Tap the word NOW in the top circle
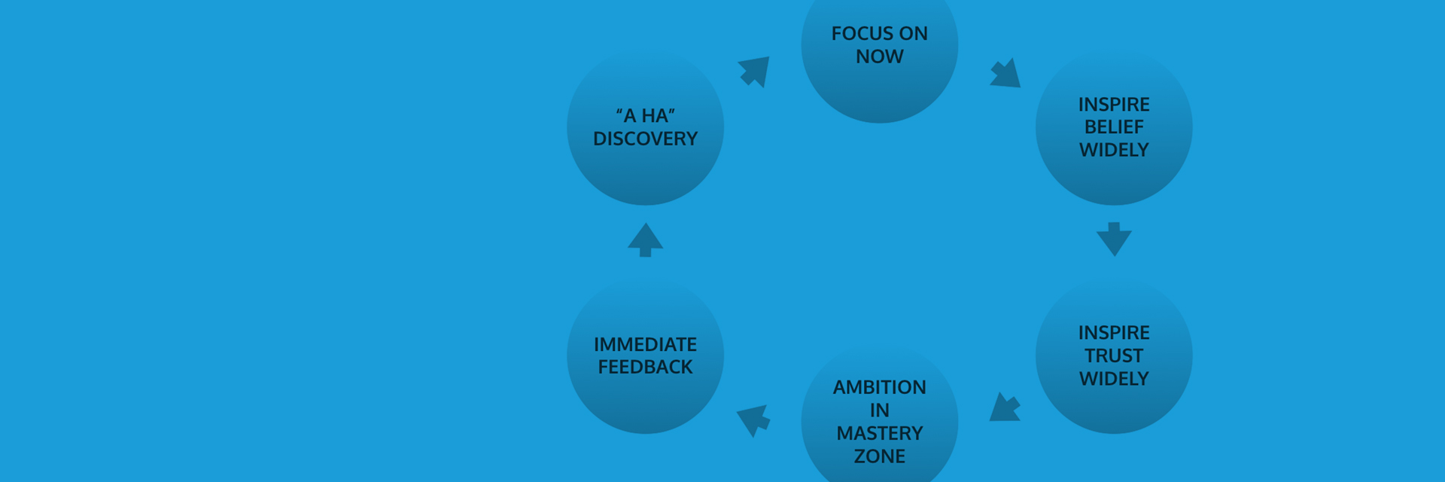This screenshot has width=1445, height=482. [x=879, y=56]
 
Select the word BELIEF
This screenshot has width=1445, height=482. [x=1114, y=127]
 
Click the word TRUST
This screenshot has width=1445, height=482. [x=1114, y=355]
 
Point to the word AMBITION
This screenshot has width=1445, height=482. [x=879, y=387]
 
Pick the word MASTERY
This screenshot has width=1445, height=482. [x=879, y=433]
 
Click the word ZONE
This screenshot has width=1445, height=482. [x=879, y=456]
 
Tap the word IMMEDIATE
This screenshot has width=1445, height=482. [x=645, y=344]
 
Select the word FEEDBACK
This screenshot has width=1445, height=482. [x=645, y=367]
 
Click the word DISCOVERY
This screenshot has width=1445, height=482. [x=645, y=139]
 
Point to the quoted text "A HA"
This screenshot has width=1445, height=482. [x=645, y=116]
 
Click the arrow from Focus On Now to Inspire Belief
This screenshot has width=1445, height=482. [x=1006, y=74]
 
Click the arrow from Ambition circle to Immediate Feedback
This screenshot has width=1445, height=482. [x=753, y=419]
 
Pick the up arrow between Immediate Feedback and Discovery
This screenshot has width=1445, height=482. [x=645, y=240]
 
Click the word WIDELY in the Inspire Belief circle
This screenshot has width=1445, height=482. [x=1114, y=150]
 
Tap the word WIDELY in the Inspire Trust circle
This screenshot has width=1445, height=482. [x=1114, y=378]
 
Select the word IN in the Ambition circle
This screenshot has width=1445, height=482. [x=879, y=410]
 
